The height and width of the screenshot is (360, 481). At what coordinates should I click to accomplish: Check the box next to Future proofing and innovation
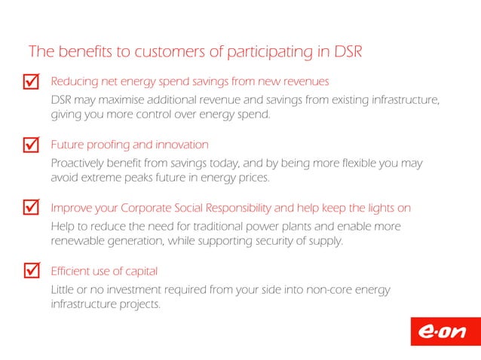[x=31, y=143]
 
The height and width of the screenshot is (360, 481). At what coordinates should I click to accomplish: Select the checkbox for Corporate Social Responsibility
[x=31, y=206]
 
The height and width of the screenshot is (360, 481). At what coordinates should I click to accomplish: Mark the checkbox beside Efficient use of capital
[x=31, y=270]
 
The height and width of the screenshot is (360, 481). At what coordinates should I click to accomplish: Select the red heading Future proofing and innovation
[x=129, y=145]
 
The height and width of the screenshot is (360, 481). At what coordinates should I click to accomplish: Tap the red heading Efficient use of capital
[x=104, y=270]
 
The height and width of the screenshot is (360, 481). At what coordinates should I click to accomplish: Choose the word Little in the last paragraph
[x=61, y=290]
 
